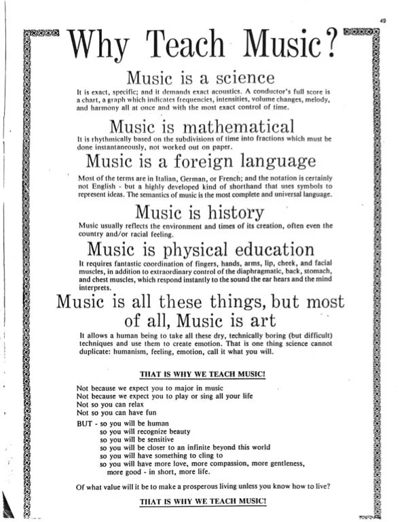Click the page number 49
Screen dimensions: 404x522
[x=384, y=22]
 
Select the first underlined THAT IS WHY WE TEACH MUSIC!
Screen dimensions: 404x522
[x=201, y=373]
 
